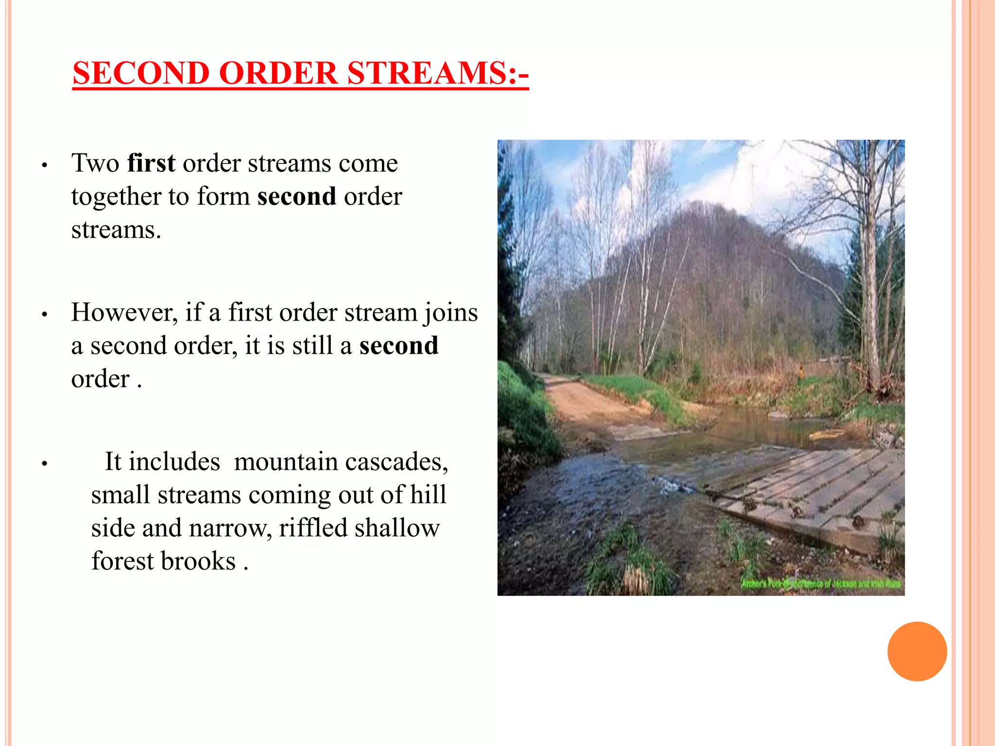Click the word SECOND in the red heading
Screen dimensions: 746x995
click(141, 74)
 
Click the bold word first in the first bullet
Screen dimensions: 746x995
click(151, 163)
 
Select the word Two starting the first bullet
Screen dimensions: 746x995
click(95, 163)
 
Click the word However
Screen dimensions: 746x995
click(124, 312)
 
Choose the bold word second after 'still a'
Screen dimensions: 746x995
click(398, 346)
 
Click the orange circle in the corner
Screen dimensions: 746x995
click(917, 651)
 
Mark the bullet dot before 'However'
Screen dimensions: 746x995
click(44, 315)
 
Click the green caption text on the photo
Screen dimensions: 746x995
click(821, 584)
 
